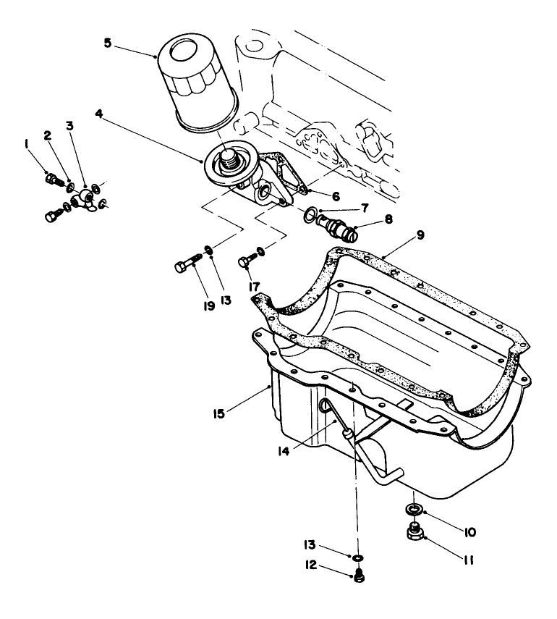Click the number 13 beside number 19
tap(226, 298)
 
